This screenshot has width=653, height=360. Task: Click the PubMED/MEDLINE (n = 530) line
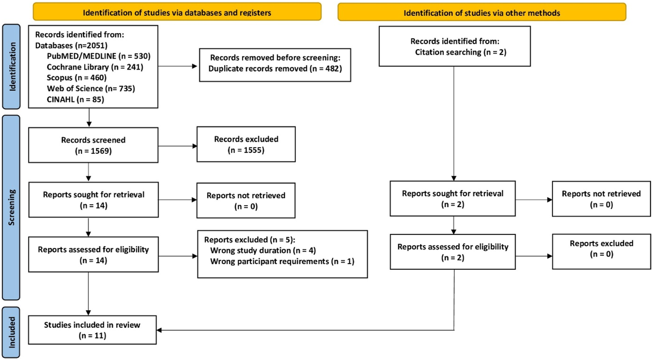tap(99, 56)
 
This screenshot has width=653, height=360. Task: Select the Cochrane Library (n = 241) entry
tap(95, 67)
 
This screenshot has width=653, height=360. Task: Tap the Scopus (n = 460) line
tap(77, 78)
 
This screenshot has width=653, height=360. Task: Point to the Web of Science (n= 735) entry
tap(91, 88)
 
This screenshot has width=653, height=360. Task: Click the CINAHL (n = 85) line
tap(75, 99)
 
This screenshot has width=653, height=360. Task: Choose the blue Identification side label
tap(11, 67)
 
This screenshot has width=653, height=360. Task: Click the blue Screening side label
tap(11, 207)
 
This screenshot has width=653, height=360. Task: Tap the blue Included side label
tap(11, 332)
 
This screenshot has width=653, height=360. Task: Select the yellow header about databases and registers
tap(177, 12)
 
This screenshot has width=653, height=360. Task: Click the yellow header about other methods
tap(482, 12)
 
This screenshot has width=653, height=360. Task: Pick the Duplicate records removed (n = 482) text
tap(275, 69)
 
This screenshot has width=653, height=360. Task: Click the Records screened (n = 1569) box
tap(93, 145)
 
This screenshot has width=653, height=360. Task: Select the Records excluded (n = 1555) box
tap(246, 144)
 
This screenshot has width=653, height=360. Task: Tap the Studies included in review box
tap(92, 330)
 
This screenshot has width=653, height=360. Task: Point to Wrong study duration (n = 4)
tap(263, 251)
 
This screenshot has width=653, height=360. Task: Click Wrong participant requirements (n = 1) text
tap(282, 262)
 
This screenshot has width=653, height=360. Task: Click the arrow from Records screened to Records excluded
tap(177, 146)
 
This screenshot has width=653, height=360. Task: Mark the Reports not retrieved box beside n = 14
tap(246, 200)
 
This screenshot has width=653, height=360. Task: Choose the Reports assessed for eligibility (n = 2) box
tap(452, 252)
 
